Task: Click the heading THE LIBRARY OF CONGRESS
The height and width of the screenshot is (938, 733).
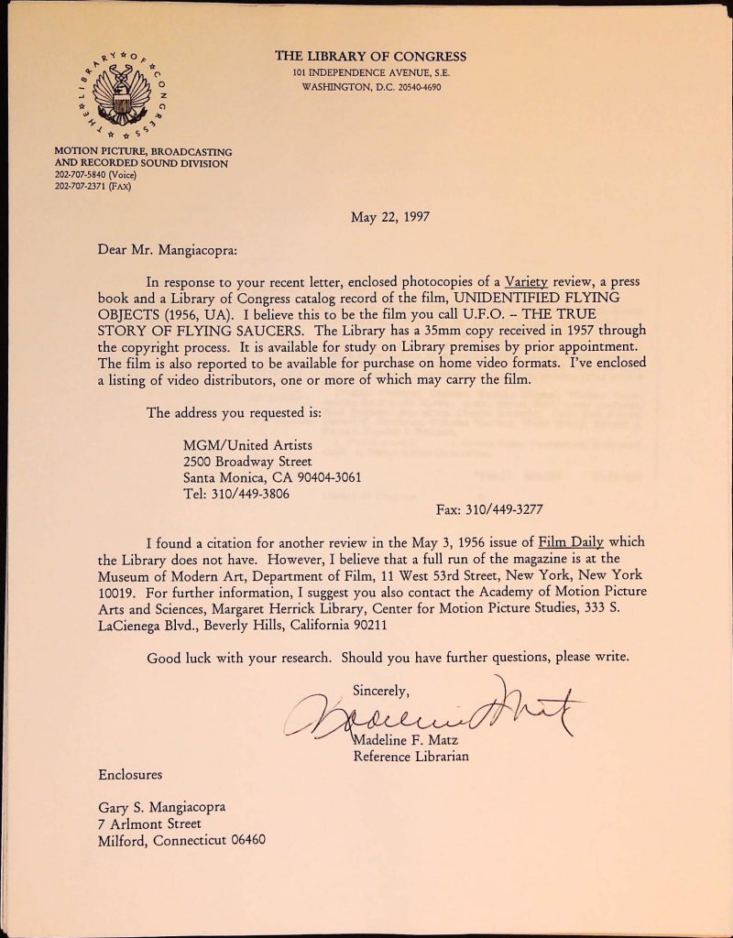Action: coord(370,56)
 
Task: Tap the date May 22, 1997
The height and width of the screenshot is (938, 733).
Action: coord(390,217)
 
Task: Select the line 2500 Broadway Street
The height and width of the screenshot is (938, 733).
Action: coord(247,461)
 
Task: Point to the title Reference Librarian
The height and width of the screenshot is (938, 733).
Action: coord(411,756)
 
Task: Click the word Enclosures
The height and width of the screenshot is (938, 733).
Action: coord(130,775)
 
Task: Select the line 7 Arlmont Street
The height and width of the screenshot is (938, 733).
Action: coord(148,823)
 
